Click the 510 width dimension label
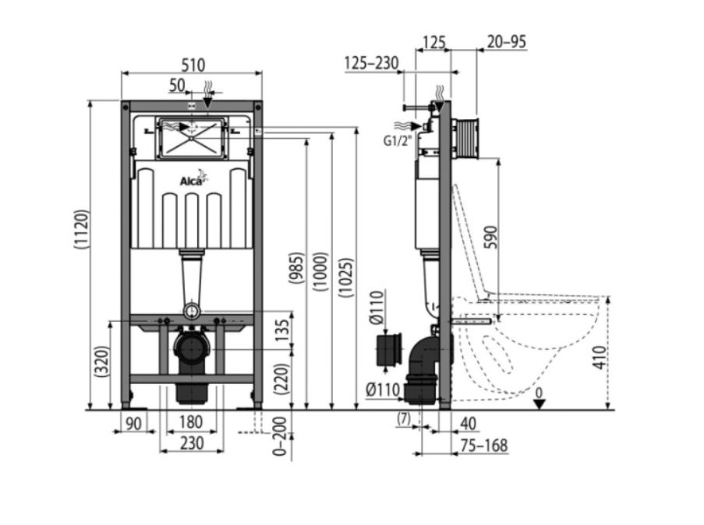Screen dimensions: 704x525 193,65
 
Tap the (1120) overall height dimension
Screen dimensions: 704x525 82,229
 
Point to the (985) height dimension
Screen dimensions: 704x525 296,269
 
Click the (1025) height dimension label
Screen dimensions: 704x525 346,277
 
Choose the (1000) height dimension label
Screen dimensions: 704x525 321,272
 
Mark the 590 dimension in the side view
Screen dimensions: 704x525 492,238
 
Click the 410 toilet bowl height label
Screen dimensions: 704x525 600,358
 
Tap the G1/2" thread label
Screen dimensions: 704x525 398,141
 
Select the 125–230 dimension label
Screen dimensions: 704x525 372,63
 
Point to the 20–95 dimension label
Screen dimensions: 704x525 507,42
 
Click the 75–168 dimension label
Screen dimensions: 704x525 484,446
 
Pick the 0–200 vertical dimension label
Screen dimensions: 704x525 280,436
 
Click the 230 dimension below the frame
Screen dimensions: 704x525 192,443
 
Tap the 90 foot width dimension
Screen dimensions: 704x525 133,423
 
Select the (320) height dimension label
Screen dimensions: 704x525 103,361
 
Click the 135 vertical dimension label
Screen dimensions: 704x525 282,330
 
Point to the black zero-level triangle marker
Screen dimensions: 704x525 539,404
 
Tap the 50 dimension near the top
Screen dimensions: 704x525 177,85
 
